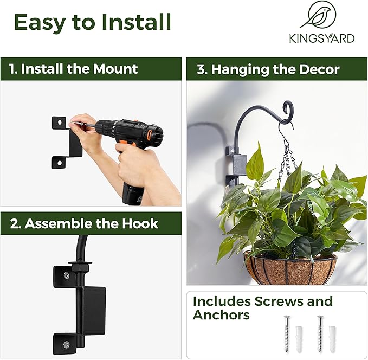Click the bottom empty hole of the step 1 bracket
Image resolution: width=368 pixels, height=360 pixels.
coord(59,162)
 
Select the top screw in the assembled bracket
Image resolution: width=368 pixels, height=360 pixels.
coord(65,276)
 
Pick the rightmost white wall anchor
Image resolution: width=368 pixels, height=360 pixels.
coord(332,339)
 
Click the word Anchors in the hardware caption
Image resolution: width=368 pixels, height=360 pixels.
coord(221,315)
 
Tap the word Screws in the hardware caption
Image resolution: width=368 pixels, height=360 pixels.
coord(284,301)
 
